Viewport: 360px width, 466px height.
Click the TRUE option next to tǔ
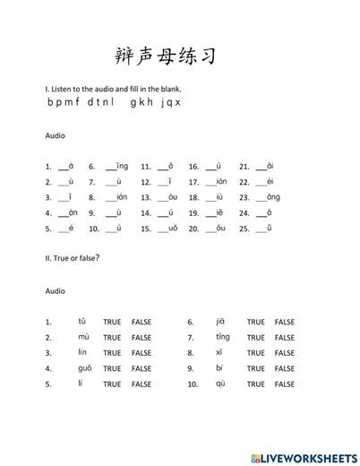pos(112,322)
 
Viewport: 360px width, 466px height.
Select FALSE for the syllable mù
pos(141,338)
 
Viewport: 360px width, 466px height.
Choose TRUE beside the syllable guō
pos(112,368)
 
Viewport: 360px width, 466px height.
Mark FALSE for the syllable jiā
pos(285,322)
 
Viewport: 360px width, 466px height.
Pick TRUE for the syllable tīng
pos(256,338)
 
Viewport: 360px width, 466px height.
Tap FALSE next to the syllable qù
pos(285,384)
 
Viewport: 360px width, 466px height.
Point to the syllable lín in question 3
pos(82,353)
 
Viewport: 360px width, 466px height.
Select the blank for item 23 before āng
pos(260,198)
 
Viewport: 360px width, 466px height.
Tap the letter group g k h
pos(143,102)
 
